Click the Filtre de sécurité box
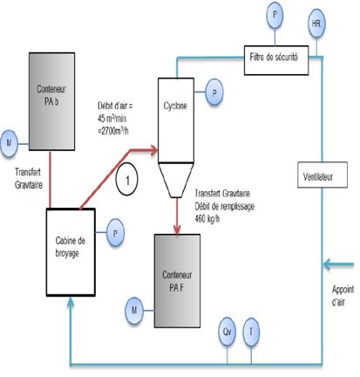click(x=276, y=60)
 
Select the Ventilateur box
click(x=323, y=175)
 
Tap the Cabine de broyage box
click(x=71, y=252)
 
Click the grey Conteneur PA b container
click(x=51, y=101)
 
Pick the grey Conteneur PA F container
click(x=177, y=281)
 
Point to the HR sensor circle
click(x=316, y=24)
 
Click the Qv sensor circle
click(x=227, y=332)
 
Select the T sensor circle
click(x=251, y=332)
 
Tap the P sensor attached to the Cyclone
click(x=214, y=93)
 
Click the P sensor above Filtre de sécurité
click(x=275, y=15)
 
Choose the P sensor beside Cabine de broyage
click(x=115, y=233)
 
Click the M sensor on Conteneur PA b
click(x=9, y=143)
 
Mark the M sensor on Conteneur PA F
click(x=134, y=311)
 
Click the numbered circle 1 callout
click(x=127, y=179)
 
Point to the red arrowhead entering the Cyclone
click(x=153, y=150)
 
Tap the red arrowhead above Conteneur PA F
click(x=177, y=230)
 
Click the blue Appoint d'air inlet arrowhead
click(x=328, y=264)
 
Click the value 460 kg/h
click(x=207, y=219)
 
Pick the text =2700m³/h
click(x=113, y=131)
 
